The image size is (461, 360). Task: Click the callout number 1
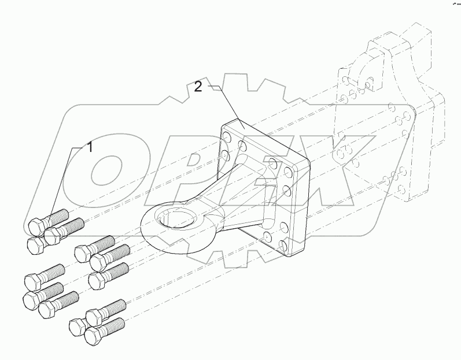click(x=90, y=147)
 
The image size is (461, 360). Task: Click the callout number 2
click(x=198, y=87)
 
